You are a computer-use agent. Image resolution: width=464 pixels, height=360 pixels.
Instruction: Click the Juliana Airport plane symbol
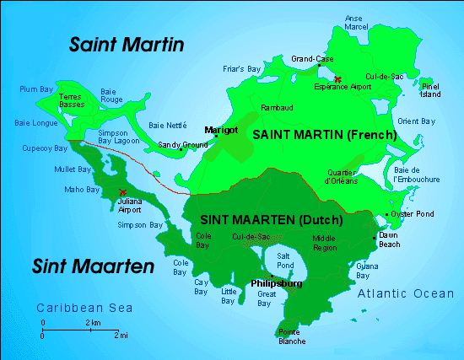click(x=124, y=192)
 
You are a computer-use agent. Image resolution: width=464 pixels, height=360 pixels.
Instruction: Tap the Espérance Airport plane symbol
click(x=337, y=79)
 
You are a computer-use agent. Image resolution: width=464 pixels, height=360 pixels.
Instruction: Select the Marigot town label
click(x=219, y=129)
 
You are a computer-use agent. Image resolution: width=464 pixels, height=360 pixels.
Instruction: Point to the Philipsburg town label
click(x=277, y=284)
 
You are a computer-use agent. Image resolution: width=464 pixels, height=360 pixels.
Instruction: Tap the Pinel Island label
click(x=430, y=90)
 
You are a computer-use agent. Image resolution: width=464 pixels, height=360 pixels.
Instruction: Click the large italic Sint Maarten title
click(x=94, y=267)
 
